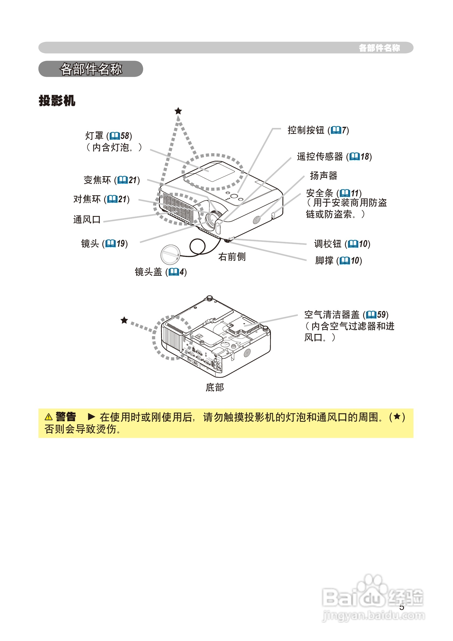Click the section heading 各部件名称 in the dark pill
pyautogui.click(x=91, y=69)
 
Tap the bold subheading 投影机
pyautogui.click(x=57, y=100)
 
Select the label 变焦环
pyautogui.click(x=97, y=180)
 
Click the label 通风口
pyautogui.click(x=87, y=220)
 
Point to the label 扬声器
pyautogui.click(x=324, y=176)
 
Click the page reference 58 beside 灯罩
pyautogui.click(x=125, y=136)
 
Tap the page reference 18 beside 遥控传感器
pyautogui.click(x=365, y=157)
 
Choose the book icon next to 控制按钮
pyautogui.click(x=336, y=130)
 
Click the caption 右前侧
pyautogui.click(x=232, y=257)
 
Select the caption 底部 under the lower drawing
pyautogui.click(x=214, y=387)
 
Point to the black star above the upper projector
pyautogui.click(x=178, y=111)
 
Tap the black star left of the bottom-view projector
pyautogui.click(x=124, y=320)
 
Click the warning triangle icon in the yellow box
pyautogui.click(x=48, y=417)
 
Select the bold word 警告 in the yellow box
pyautogui.click(x=66, y=417)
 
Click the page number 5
pyautogui.click(x=401, y=607)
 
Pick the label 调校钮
pyautogui.click(x=327, y=244)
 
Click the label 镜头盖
pyautogui.click(x=148, y=272)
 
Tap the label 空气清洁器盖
pyautogui.click(x=332, y=315)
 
